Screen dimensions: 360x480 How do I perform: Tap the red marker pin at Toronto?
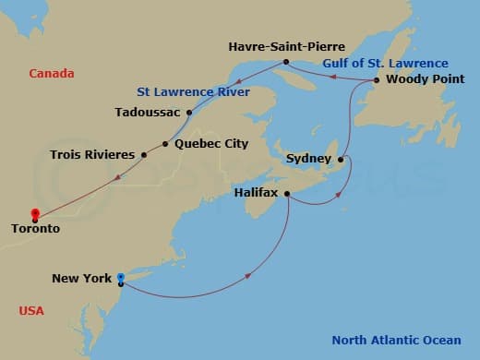click(x=34, y=214)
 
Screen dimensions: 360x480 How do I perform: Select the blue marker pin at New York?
click(x=121, y=277)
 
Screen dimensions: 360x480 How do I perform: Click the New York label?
click(x=81, y=278)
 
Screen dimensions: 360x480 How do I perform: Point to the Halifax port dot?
click(x=288, y=194)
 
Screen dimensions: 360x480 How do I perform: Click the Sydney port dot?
click(x=341, y=159)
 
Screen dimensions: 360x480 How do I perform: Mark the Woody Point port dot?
click(x=376, y=80)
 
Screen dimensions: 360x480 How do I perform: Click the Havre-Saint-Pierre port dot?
click(x=286, y=62)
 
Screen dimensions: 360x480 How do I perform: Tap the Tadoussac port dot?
click(x=188, y=113)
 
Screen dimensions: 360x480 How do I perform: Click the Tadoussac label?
click(x=149, y=113)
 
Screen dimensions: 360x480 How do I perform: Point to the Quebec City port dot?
click(x=165, y=144)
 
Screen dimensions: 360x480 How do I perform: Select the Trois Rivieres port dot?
click(x=143, y=155)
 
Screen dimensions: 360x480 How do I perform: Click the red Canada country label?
click(x=51, y=73)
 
